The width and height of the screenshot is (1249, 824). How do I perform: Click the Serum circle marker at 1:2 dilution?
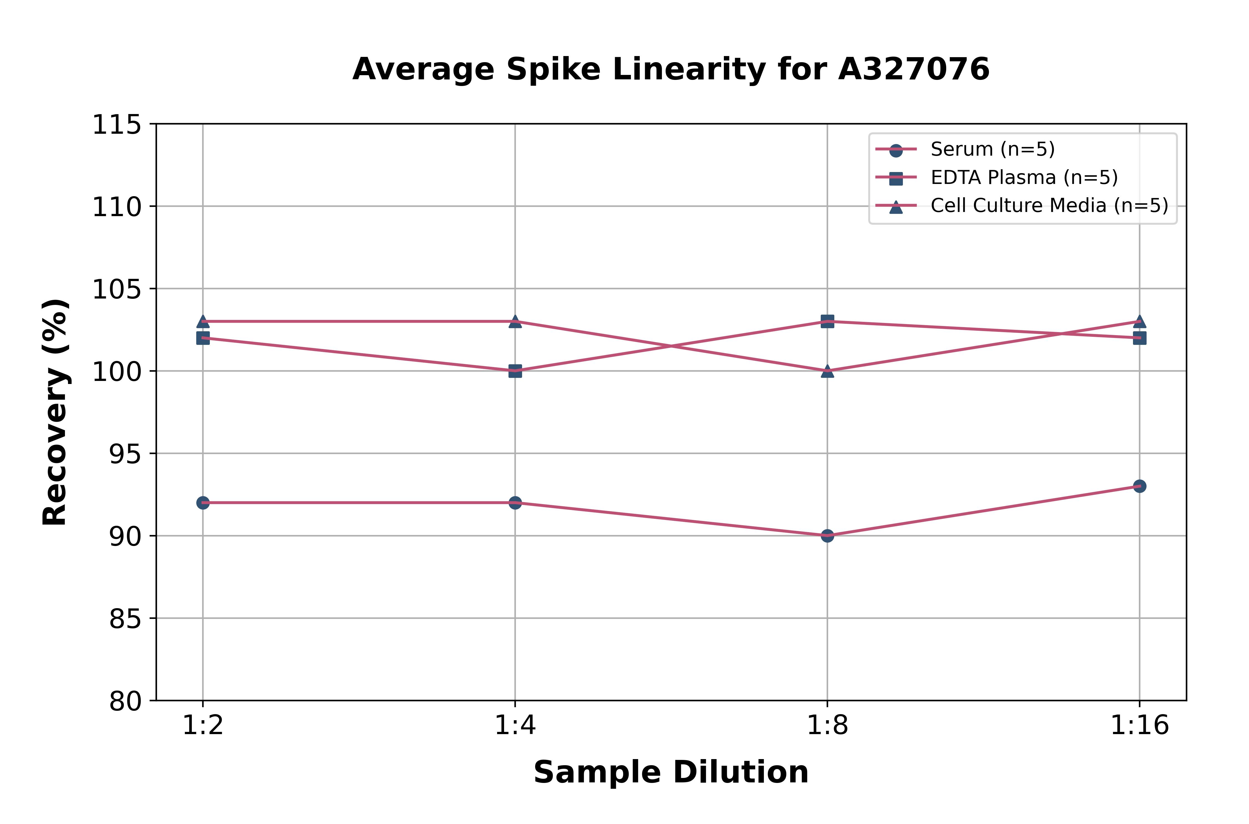(x=203, y=503)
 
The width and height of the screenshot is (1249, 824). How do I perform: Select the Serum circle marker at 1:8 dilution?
(x=827, y=535)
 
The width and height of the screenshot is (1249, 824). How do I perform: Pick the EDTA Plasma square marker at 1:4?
(x=515, y=371)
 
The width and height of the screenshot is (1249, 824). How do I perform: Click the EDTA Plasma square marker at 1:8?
(x=827, y=321)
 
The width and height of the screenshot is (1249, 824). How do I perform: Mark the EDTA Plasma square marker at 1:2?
(x=203, y=338)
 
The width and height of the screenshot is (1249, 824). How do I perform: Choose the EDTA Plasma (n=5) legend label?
(x=1024, y=178)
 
